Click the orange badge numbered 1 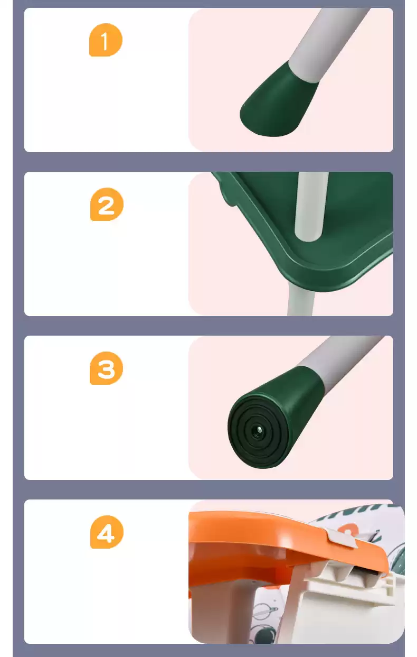(106, 40)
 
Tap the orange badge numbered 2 (107, 204)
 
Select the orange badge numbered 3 (106, 368)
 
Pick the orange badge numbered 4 (107, 532)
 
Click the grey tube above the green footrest (311, 205)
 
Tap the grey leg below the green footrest (301, 299)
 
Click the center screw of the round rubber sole (259, 431)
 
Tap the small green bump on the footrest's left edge (228, 198)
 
